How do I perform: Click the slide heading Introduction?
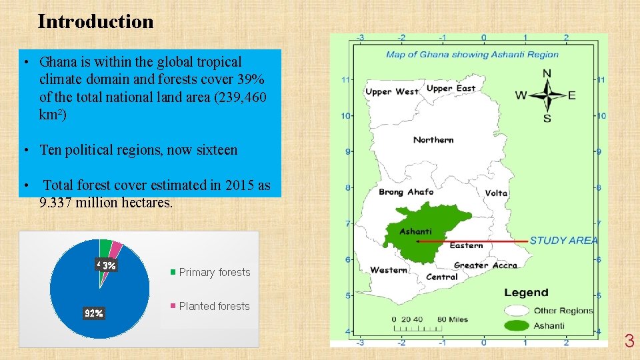[x=95, y=22]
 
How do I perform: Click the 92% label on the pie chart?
[x=93, y=313]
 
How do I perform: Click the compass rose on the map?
[x=547, y=95]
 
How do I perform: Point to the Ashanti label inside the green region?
[x=415, y=231]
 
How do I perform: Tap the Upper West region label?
[x=392, y=92]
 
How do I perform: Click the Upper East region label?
[x=451, y=89]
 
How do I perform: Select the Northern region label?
[x=433, y=140]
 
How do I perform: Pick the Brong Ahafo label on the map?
[x=406, y=192]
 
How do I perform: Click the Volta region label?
[x=496, y=193]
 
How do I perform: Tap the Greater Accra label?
[x=485, y=265]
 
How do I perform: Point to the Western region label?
[x=389, y=270]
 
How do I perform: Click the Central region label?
[x=442, y=277]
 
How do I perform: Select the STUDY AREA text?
[x=564, y=240]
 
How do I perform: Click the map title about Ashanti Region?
[x=472, y=55]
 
